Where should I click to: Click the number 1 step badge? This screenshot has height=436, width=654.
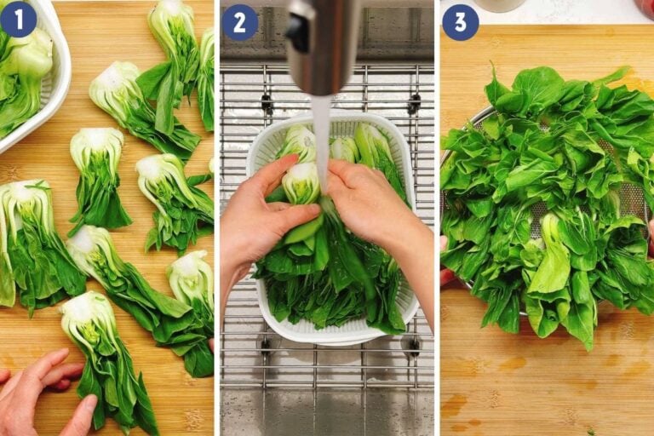(18, 19)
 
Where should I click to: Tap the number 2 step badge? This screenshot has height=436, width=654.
(239, 21)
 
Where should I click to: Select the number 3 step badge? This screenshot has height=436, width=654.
(460, 21)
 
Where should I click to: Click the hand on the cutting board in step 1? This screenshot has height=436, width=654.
(43, 392)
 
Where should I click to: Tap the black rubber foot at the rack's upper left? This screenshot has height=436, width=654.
(267, 104)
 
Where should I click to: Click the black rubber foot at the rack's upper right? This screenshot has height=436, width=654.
(414, 104)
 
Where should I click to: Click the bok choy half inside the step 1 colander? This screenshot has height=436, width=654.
(26, 68)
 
